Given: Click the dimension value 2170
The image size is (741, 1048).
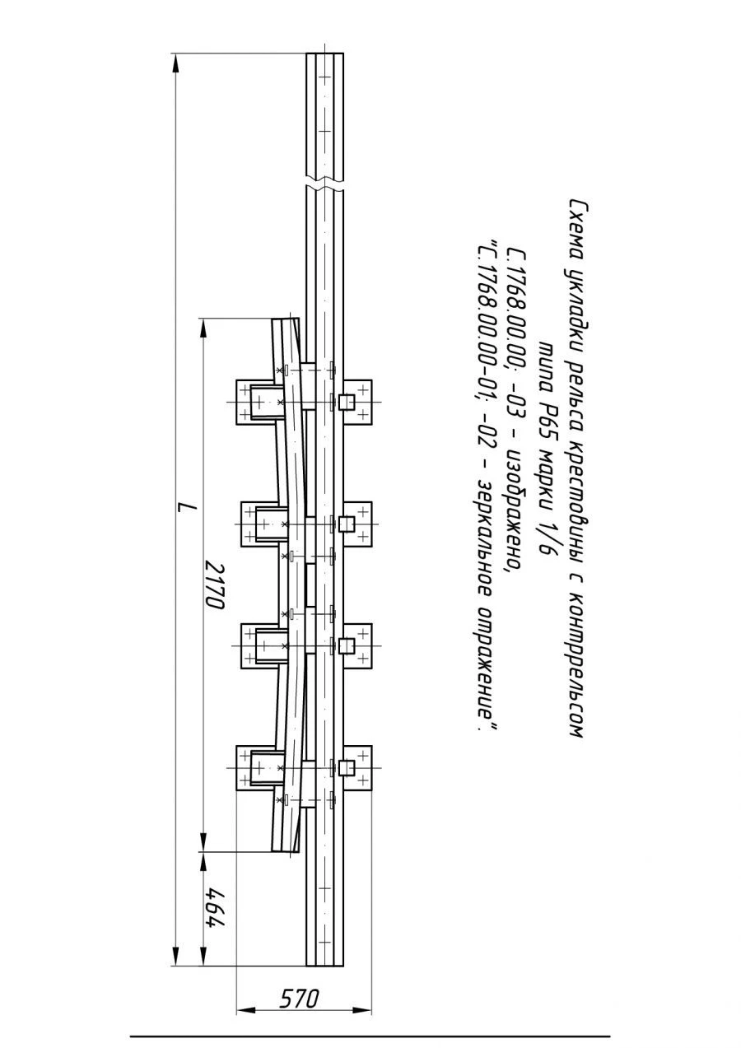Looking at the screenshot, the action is click(215, 585).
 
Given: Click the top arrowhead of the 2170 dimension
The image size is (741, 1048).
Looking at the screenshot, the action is click(203, 328).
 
